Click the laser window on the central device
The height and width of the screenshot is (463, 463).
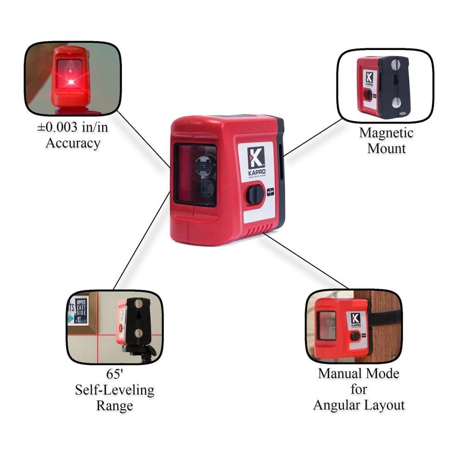[x=195, y=175]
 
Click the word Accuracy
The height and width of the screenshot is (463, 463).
[x=73, y=143]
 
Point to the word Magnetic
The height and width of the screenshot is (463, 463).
[x=386, y=133]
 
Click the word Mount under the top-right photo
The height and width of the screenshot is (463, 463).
[x=386, y=148]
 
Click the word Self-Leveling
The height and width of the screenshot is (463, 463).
[x=114, y=390]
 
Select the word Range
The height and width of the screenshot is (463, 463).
[x=114, y=406]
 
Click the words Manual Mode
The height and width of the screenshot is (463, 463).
[x=358, y=373]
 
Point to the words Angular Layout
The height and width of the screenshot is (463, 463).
[x=359, y=405]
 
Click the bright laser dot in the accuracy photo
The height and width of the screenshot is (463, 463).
[x=71, y=82]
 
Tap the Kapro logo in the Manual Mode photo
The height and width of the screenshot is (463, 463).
[x=355, y=319]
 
